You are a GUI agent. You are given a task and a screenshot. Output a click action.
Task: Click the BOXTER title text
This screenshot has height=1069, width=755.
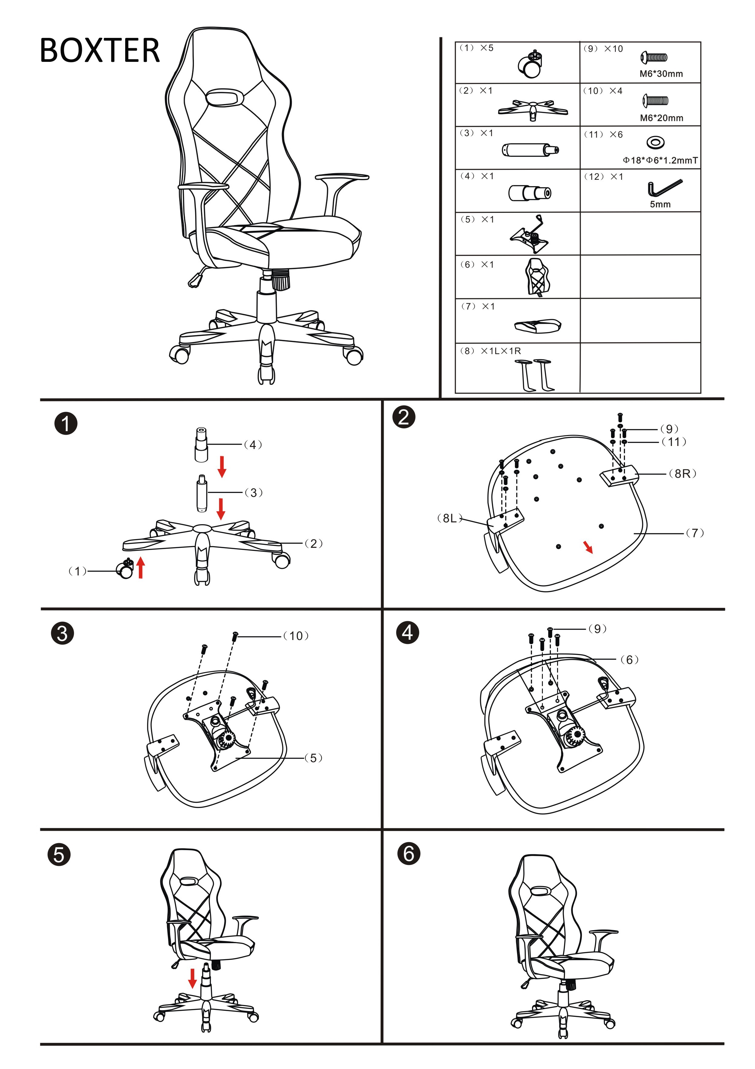tap(100, 50)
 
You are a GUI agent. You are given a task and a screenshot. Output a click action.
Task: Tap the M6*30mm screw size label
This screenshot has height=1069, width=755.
tap(661, 74)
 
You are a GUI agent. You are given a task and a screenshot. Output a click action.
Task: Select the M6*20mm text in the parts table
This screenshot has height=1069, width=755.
tap(661, 118)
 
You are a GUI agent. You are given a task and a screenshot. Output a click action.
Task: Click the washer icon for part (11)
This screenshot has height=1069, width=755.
tap(655, 142)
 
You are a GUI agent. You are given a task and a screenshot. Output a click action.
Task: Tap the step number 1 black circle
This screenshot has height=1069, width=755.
tap(66, 424)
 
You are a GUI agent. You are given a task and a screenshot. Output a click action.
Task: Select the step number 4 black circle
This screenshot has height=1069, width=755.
tap(407, 632)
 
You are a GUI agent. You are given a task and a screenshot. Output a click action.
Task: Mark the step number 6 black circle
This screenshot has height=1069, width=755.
tap(408, 853)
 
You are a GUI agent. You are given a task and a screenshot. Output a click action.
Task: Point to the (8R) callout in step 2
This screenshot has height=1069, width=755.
tap(682, 474)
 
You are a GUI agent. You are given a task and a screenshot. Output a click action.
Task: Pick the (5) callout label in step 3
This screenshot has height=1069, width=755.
tap(313, 758)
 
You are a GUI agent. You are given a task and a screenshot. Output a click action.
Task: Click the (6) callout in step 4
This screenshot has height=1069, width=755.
tap(629, 660)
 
